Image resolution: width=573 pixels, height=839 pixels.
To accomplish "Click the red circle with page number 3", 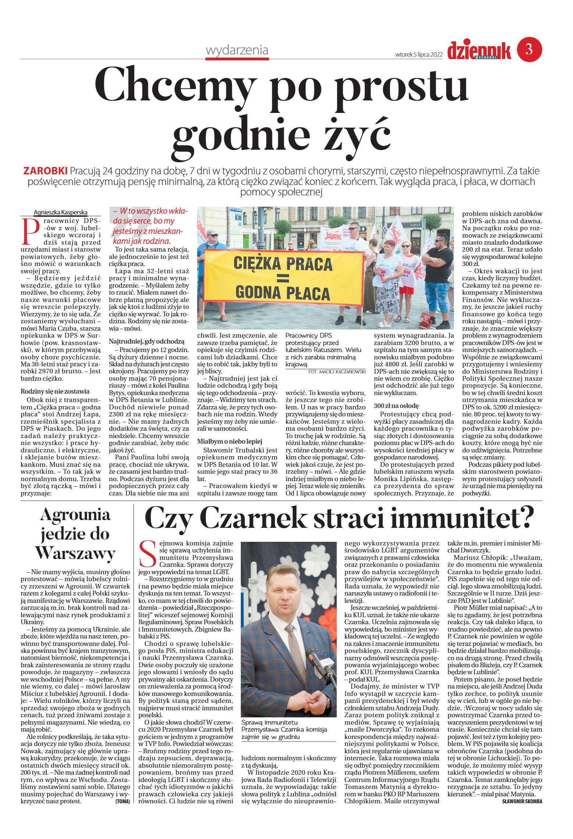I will (x=529, y=49).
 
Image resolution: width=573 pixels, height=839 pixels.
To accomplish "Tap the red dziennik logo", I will (x=479, y=50).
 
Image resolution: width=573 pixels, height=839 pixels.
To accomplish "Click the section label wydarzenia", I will (x=237, y=50).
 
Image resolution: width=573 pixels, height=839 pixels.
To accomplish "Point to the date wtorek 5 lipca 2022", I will (x=419, y=54).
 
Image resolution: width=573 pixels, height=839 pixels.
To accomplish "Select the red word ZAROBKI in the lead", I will (x=45, y=171).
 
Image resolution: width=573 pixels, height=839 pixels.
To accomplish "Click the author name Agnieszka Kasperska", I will (x=60, y=212).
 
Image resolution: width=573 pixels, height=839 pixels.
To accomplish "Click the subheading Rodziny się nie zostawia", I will (x=55, y=391).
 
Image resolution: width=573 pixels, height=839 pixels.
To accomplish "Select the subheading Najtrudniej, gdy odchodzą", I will (x=146, y=341).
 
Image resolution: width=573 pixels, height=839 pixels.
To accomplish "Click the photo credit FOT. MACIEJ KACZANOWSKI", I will (x=337, y=372).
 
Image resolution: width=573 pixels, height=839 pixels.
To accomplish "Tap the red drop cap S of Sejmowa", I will (x=148, y=554).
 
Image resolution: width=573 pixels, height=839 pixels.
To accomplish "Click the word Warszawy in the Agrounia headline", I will (x=75, y=553).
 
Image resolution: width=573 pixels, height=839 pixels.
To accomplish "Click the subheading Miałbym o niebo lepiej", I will (x=229, y=441).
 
